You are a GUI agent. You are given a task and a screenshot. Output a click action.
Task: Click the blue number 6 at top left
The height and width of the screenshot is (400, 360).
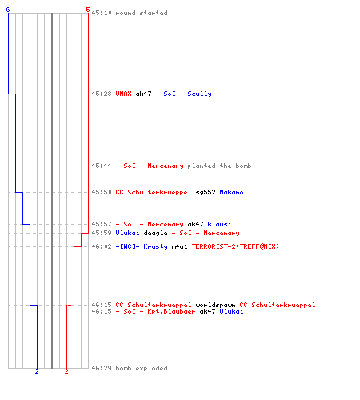coord(8,10)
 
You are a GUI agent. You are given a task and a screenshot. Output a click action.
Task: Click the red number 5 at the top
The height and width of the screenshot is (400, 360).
coord(88,10)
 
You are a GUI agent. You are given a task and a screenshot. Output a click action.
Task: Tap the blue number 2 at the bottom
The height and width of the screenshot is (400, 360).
coord(37,371)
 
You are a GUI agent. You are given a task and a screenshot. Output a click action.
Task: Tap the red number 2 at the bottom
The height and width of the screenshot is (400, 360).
coord(66,371)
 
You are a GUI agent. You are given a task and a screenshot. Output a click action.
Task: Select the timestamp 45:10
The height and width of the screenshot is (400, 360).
coord(102,13)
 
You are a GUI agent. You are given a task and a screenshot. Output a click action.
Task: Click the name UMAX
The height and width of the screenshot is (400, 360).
coord(123,94)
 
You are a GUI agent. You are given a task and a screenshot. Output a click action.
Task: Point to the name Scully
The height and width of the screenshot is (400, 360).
coord(199,94)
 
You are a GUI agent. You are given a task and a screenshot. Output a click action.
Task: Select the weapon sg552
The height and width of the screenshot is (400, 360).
coord(206,192)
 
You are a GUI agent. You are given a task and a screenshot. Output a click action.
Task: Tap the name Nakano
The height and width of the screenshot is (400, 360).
coord(231,192)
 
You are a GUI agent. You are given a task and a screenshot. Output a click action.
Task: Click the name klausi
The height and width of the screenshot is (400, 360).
coord(219,224)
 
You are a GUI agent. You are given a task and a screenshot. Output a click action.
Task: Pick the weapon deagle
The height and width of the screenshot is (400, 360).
coord(155,233)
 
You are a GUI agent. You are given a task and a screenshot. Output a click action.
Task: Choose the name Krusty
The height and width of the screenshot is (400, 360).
coord(155,246)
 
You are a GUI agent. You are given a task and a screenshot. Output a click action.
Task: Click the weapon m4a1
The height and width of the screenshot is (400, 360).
coord(179,246)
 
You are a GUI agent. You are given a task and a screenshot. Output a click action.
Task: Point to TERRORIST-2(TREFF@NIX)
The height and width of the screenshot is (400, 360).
coord(235,246)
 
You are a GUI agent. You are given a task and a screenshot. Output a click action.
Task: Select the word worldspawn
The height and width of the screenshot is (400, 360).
coord(215,305)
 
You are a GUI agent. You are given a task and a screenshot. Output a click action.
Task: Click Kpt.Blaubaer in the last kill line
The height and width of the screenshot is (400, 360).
coord(171,311)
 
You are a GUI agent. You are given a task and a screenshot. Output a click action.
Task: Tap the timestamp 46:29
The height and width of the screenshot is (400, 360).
coord(102,368)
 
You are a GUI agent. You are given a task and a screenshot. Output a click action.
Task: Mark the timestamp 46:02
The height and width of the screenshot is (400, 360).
coord(102,246)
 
